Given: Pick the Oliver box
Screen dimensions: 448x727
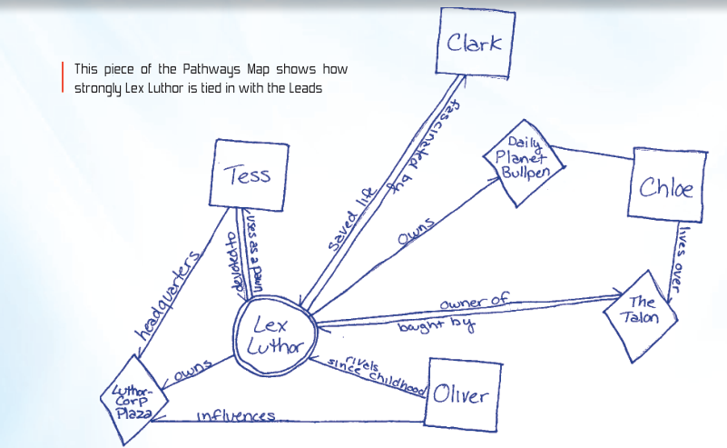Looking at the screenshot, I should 460,394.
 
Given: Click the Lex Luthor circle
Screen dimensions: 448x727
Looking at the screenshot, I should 274,335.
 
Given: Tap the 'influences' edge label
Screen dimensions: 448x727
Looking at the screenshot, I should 236,416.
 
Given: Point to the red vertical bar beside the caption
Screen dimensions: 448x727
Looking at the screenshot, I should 62,77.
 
